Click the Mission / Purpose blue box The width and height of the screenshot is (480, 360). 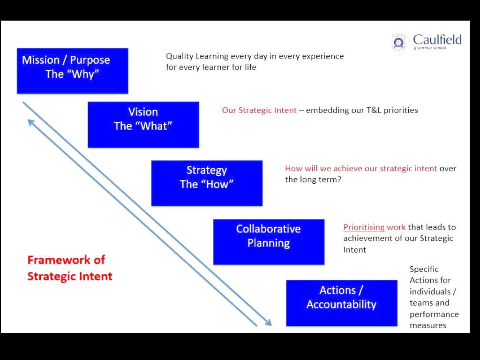pos(72,71)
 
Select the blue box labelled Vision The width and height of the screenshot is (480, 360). pos(143,125)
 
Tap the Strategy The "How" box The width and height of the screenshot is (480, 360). pos(206,183)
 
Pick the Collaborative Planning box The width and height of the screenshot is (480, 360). pos(269,242)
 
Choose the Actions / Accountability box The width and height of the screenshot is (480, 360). pos(341,303)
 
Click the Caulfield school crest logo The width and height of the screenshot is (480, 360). pos(398,42)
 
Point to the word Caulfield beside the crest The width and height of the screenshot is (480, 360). pos(437,39)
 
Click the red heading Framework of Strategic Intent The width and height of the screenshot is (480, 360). pos(70,268)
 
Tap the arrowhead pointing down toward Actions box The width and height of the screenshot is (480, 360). pos(269,322)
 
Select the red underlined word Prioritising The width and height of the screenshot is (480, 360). pos(364,227)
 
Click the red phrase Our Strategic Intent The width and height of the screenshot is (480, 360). pos(259,110)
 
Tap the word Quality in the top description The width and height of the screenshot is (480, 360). pos(180,56)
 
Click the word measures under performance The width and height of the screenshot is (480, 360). pos(428,325)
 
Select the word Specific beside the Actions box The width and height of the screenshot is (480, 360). pos(424,269)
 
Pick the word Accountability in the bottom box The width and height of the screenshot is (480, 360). pos(341,305)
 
